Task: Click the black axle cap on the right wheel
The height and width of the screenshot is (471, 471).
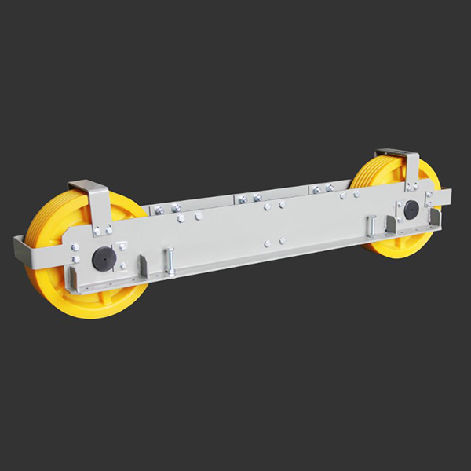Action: tap(409, 210)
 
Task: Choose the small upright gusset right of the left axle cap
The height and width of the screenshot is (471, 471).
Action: tap(142, 265)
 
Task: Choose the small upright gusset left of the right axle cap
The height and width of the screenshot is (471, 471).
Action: tap(389, 224)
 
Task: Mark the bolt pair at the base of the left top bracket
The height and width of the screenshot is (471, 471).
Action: tap(103, 231)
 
